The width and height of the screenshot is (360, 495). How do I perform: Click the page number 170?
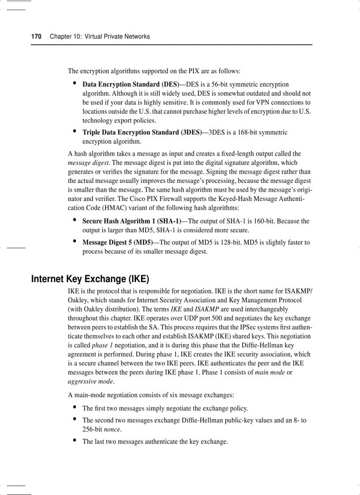click(36, 37)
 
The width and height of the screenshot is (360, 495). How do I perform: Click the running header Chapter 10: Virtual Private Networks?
click(100, 37)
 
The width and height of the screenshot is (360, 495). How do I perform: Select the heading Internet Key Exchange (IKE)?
click(90, 279)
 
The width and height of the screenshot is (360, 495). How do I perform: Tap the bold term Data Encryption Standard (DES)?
click(131, 84)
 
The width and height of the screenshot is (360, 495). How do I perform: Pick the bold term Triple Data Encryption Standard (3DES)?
click(142, 132)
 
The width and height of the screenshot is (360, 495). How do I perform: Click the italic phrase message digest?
click(84, 163)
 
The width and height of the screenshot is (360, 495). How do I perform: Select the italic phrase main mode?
click(270, 372)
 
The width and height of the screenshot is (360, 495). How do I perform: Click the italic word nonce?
click(112, 429)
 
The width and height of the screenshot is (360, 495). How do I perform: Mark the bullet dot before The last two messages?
click(75, 441)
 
